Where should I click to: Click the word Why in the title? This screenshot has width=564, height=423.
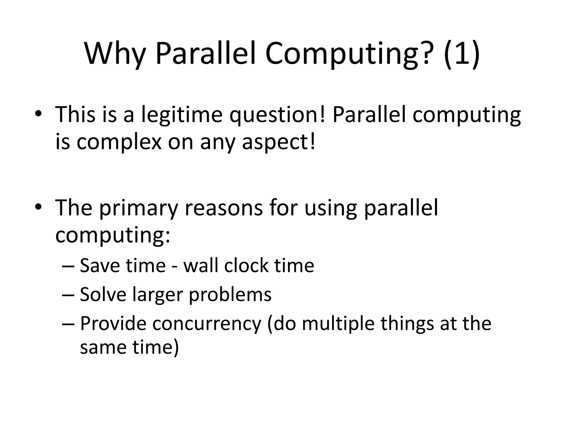tap(115, 54)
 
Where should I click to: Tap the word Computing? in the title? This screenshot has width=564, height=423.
tap(347, 54)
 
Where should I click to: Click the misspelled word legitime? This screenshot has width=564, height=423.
tap(181, 115)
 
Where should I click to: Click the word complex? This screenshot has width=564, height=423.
tap(119, 142)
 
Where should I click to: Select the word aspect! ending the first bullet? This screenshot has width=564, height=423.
tap(278, 142)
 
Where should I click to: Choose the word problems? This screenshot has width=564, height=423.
tap(230, 294)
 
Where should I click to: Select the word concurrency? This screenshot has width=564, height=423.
tap(207, 324)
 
